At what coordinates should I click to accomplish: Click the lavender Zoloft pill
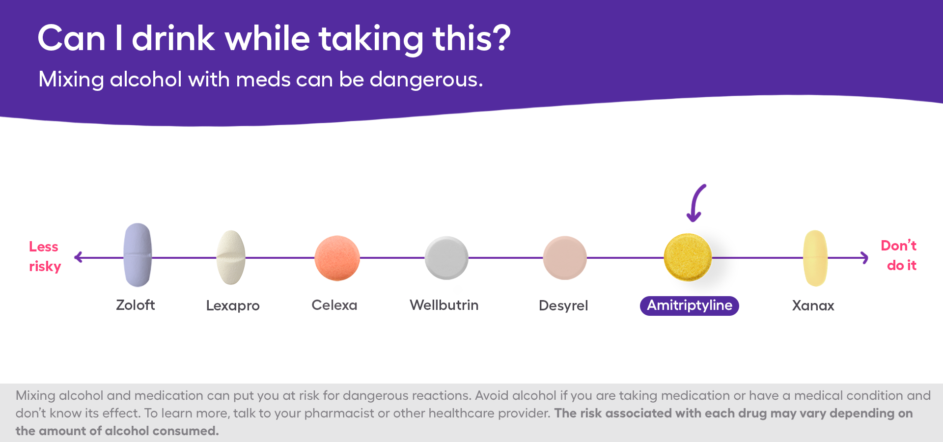pos(138,255)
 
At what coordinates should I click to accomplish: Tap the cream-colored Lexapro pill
pos(231,257)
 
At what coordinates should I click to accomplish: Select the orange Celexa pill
pos(337,258)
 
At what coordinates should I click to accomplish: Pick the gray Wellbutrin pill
pos(446,258)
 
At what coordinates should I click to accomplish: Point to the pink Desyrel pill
pos(565,258)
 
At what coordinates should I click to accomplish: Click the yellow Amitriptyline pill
pos(688,257)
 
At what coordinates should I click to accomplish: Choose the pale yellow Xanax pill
pos(815,258)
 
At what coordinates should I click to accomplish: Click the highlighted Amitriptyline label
pos(689,305)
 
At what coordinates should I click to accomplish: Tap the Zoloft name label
pos(136,305)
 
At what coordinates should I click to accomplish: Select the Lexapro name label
pos(233,305)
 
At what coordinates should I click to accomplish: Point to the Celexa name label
pos(334,305)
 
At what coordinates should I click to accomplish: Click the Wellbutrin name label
pos(444,305)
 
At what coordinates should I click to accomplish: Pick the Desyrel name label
pos(563,305)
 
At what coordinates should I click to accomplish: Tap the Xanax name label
pos(813,305)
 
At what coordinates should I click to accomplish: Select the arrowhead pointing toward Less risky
pos(79,257)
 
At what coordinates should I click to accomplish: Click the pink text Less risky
pos(44,256)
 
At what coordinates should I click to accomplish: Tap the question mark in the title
pos(500,38)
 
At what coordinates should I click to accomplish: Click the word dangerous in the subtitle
pos(426,80)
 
